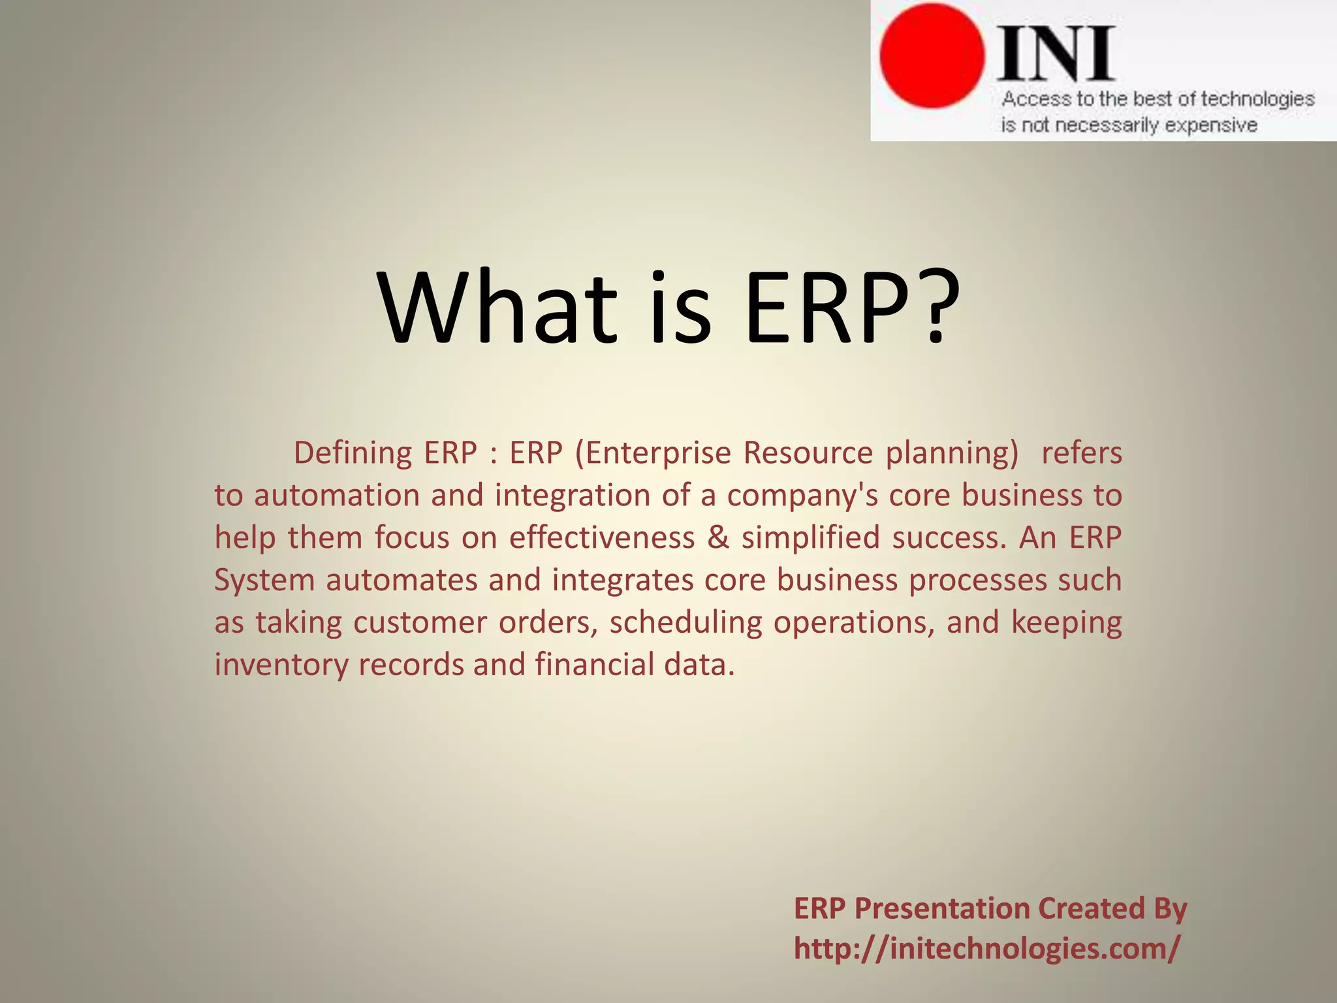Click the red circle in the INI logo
tap(932, 56)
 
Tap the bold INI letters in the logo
tap(1055, 54)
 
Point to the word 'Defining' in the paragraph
tap(353, 453)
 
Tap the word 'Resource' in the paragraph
tap(808, 453)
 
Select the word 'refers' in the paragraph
tap(1082, 453)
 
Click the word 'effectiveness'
tap(602, 537)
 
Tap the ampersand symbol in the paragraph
tap(718, 537)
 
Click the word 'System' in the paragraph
tap(264, 581)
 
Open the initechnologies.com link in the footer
tap(987, 948)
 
